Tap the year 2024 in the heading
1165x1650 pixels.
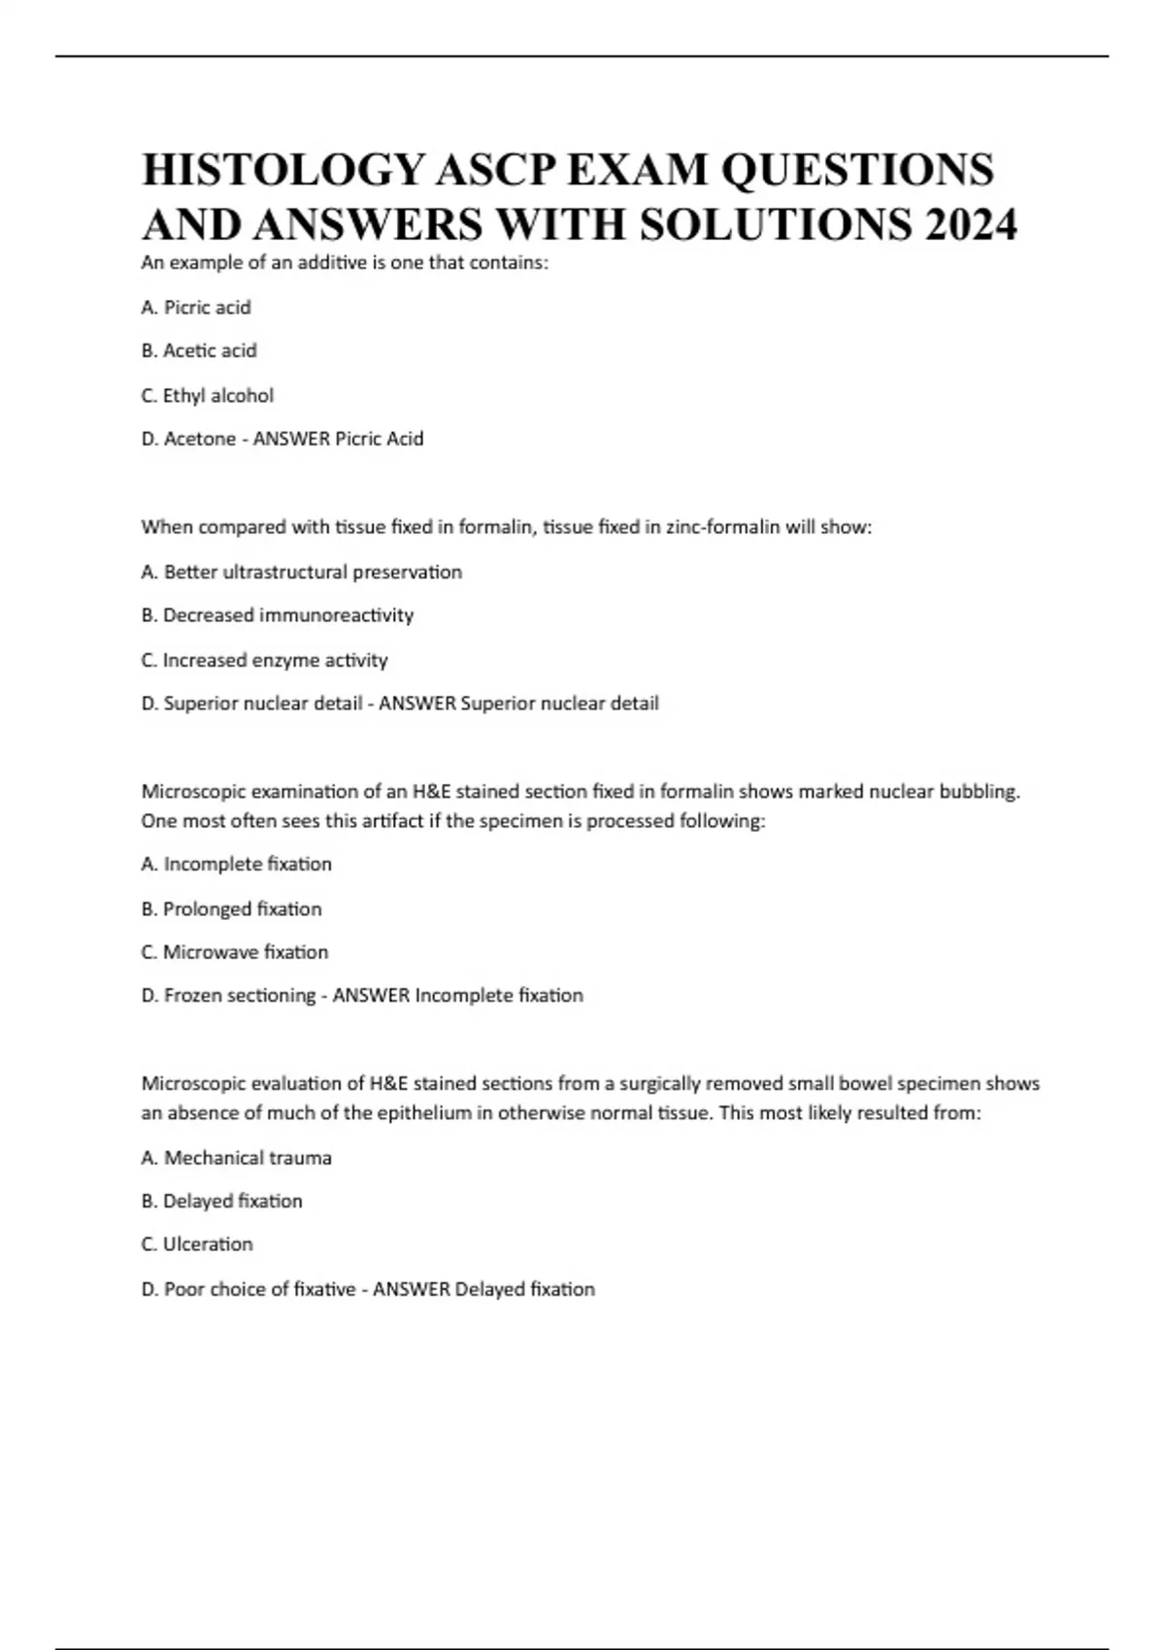click(971, 225)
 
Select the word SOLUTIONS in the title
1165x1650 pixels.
click(776, 225)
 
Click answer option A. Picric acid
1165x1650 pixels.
click(196, 308)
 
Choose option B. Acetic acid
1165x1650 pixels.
click(199, 350)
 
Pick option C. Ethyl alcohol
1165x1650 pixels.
click(207, 396)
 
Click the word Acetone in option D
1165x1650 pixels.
click(200, 439)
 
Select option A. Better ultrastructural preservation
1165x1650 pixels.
click(301, 572)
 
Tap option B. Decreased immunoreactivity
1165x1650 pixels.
click(278, 615)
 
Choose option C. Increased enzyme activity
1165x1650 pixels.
click(264, 660)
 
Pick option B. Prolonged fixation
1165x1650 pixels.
click(231, 909)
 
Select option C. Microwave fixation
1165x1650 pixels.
click(234, 952)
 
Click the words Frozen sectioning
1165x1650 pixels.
click(240, 996)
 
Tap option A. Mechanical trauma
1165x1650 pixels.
click(236, 1158)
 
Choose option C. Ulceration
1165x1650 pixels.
click(197, 1244)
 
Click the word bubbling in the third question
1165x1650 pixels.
click(979, 792)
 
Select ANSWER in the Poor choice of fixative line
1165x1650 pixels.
click(412, 1290)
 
